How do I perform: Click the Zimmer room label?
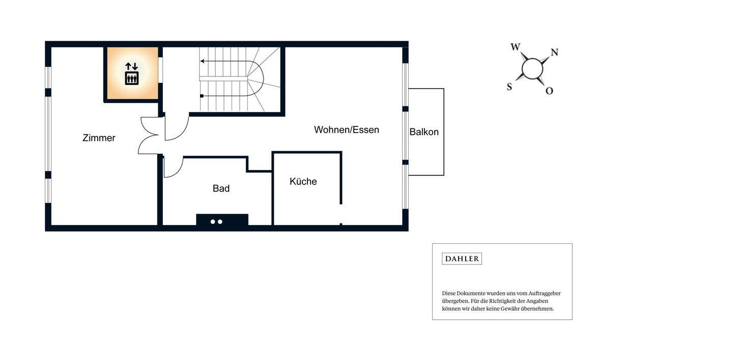click(99, 138)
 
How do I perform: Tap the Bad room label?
click(221, 188)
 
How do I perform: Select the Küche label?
click(303, 181)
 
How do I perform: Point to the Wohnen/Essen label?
click(346, 130)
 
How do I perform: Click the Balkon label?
click(424, 132)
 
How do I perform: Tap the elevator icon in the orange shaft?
click(132, 78)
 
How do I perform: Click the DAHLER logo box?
click(462, 259)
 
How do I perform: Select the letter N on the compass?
click(554, 52)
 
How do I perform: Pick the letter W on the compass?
click(515, 47)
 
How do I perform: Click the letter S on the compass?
click(509, 87)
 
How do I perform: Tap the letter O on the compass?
click(549, 91)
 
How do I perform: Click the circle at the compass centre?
click(532, 69)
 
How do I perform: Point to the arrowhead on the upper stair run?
click(203, 61)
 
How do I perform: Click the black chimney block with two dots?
click(222, 220)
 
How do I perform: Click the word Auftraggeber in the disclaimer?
click(544, 293)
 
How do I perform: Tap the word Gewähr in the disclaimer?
click(510, 309)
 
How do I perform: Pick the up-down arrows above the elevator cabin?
click(132, 66)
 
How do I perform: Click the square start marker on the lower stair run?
click(202, 96)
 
